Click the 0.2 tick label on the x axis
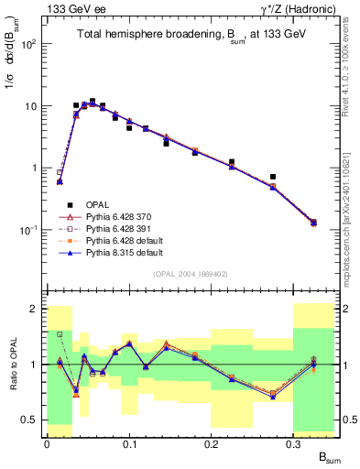click(x=212, y=442)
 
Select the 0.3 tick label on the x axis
click(x=294, y=442)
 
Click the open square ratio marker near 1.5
click(x=60, y=334)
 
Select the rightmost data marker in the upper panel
click(x=313, y=223)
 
